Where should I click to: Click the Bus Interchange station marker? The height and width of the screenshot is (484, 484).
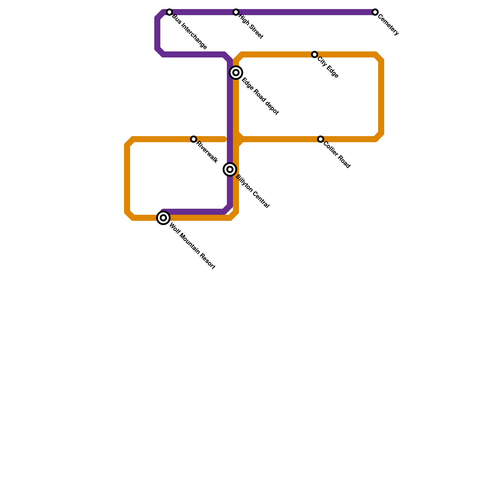pos(169,12)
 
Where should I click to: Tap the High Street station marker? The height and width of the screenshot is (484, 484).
pos(236,12)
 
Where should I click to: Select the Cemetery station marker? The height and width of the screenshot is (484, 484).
pos(375,12)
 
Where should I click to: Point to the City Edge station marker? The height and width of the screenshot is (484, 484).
pos(315,54)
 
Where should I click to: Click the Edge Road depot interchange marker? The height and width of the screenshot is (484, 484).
pos(236,73)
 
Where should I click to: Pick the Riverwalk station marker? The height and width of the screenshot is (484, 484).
pos(194,139)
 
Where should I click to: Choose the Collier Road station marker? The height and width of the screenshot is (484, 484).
pos(321,139)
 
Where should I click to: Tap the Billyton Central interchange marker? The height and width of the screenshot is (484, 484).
pos(230,169)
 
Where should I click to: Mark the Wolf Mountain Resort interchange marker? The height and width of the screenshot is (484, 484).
pos(163,218)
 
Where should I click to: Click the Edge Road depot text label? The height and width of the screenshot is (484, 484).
pos(260,96)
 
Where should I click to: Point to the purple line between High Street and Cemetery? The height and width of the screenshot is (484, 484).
pos(306,12)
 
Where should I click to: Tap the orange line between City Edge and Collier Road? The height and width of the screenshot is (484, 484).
pos(381,97)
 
